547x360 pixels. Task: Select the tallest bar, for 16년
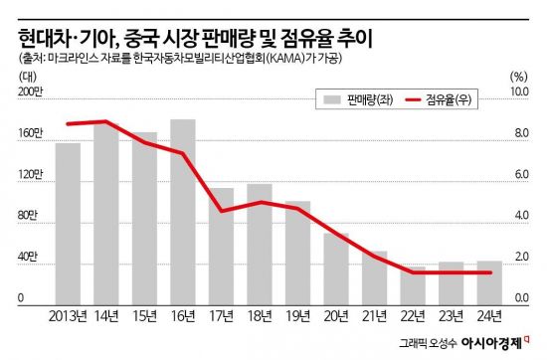click(x=183, y=209)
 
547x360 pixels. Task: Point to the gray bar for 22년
click(x=412, y=282)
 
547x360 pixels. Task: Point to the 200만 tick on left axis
click(x=31, y=91)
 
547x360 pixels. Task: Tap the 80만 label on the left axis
click(x=29, y=218)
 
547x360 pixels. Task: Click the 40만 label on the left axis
click(x=29, y=260)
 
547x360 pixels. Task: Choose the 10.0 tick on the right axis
click(x=518, y=91)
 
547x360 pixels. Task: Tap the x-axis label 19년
click(x=297, y=317)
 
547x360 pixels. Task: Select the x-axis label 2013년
click(x=67, y=317)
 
